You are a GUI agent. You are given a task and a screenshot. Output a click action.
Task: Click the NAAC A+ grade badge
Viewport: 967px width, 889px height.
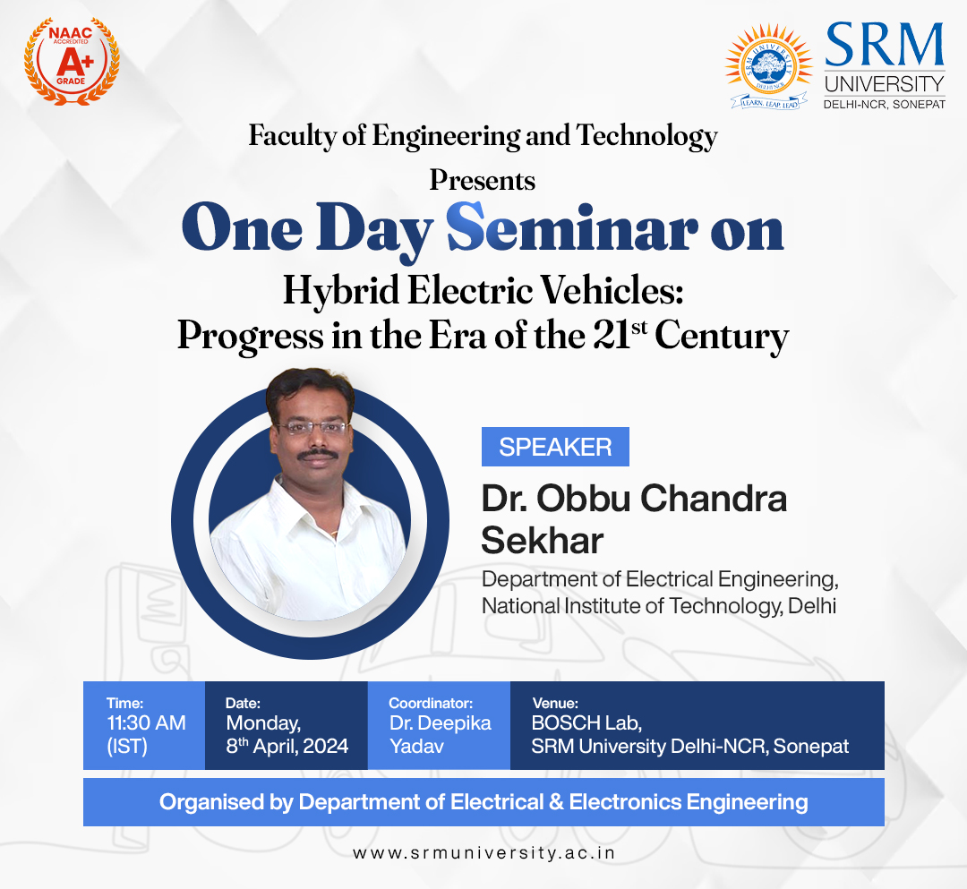[72, 60]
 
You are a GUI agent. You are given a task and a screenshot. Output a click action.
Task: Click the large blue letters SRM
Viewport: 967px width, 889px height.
[885, 45]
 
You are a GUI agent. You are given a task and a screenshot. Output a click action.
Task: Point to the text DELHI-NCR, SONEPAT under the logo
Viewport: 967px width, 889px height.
[885, 105]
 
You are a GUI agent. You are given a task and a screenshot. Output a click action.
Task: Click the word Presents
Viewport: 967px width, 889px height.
[483, 181]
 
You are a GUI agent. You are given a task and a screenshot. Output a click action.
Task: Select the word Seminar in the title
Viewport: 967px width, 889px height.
[572, 228]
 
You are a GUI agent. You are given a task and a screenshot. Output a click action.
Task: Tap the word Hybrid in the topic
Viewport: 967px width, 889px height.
[340, 290]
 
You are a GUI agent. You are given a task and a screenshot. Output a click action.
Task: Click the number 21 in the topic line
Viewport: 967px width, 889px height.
[612, 336]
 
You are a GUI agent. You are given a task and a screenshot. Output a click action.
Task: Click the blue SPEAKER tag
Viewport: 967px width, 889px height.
[555, 447]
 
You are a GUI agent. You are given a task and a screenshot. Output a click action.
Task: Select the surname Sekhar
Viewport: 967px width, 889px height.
[542, 541]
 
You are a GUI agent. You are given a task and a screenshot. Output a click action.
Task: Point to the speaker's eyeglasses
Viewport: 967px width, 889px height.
[312, 427]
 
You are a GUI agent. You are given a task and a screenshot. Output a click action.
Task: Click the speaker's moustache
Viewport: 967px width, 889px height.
[318, 455]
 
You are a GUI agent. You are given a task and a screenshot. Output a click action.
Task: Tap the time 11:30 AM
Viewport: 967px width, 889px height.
[146, 722]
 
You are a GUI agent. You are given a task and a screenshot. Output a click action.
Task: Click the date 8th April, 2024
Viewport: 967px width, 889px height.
[287, 746]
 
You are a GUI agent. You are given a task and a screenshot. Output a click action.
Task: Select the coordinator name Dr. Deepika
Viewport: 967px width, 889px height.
[440, 723]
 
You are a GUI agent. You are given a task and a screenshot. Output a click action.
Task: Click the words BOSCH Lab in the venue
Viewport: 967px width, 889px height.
[586, 722]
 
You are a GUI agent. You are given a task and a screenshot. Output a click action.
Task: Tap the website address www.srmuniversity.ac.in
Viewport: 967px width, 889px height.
[484, 852]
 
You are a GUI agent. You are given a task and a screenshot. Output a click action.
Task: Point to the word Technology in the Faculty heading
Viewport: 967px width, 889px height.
[647, 136]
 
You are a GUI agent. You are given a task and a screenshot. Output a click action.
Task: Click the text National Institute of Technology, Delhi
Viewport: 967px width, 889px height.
[659, 606]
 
